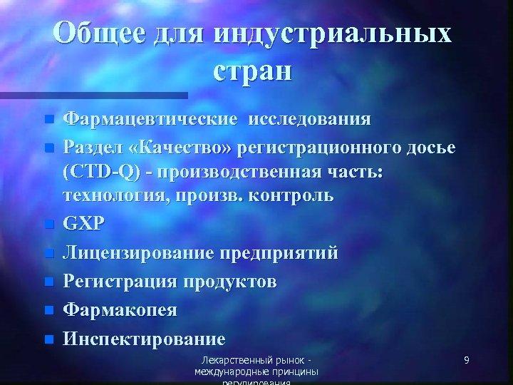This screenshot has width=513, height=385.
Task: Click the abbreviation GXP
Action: (84, 223)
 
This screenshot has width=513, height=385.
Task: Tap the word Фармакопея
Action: (120, 310)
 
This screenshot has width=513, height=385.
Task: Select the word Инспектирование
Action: (144, 339)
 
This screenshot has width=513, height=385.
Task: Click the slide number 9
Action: (466, 360)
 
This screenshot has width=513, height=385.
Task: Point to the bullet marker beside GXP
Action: (48, 224)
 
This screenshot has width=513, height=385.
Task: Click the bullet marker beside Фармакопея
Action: (48, 311)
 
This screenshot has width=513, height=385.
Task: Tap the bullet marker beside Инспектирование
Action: (48, 339)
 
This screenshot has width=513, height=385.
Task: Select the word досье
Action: (429, 148)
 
